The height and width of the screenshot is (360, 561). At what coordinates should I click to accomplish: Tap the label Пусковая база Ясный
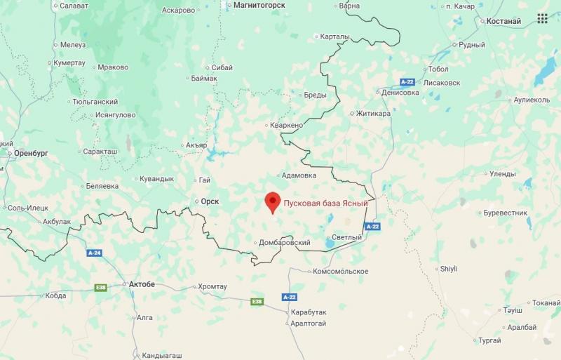[x=325, y=203]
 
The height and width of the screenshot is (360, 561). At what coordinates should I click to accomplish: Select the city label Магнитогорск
[x=259, y=5]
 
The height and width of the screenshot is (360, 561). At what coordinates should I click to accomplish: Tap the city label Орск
[x=210, y=201]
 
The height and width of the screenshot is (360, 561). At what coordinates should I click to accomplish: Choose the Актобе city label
[x=142, y=284]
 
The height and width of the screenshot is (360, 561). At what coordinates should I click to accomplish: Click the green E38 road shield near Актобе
[x=102, y=287]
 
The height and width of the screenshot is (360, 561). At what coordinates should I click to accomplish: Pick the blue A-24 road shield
[x=95, y=253]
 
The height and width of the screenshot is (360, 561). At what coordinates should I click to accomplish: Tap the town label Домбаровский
[x=285, y=243]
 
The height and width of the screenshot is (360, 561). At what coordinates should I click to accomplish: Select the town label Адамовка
[x=298, y=175]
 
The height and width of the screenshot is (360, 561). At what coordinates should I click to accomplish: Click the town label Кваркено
[x=287, y=125]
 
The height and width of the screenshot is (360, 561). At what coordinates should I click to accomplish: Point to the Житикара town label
[x=372, y=112]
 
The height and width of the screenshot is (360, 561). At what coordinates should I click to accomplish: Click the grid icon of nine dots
[x=542, y=18]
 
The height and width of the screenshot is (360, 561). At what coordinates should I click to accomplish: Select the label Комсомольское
[x=340, y=271]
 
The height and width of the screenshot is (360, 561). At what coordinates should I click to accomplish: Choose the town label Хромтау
[x=212, y=286]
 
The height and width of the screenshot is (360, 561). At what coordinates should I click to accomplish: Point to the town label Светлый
[x=346, y=237]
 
